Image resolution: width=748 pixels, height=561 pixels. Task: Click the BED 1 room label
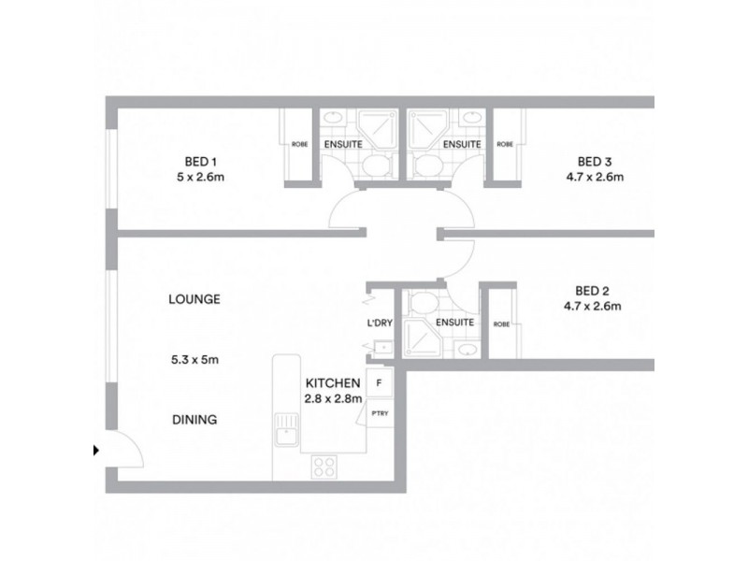click(193, 160)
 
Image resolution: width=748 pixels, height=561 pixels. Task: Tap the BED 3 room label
click(594, 160)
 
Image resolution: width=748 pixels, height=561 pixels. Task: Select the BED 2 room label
click(594, 289)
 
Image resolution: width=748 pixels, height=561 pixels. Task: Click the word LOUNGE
click(194, 300)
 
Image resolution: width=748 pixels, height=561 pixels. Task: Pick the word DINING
click(194, 420)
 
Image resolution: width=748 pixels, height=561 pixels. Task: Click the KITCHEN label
click(333, 383)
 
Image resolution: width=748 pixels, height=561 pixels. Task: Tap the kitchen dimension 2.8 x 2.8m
click(333, 399)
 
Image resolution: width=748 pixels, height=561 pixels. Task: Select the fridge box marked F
click(379, 383)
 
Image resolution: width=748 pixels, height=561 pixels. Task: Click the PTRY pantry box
click(379, 412)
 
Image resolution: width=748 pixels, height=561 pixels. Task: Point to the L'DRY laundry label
click(379, 323)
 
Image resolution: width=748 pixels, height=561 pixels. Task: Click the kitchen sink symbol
click(285, 433)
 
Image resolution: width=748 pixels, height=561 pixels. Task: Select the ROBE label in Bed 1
click(299, 145)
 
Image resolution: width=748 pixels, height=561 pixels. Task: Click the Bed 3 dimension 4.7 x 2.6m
click(594, 176)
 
